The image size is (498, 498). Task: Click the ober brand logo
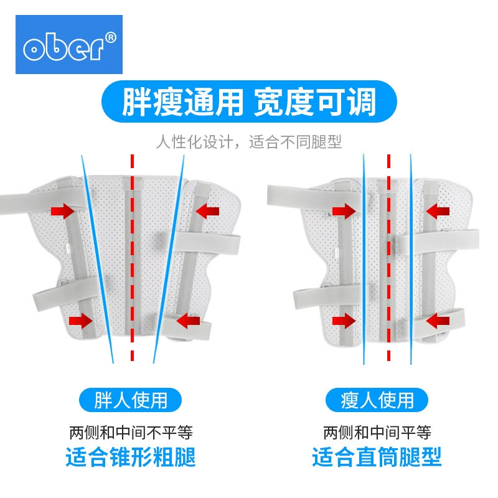pos(69,44)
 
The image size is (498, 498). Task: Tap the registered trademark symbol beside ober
pos(110,38)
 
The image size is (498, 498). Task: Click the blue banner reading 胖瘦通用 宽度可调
pos(249,101)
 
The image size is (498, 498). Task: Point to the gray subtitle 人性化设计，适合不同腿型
pos(248,142)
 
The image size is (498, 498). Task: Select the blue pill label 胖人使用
pos(130,400)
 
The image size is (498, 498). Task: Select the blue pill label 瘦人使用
pos(377,400)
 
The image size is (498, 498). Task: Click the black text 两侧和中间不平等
pos(131,432)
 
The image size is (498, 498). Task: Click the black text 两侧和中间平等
pos(377,432)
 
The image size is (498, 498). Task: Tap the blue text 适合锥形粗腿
pos(131,457)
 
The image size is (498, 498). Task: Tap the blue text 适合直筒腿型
pos(377,457)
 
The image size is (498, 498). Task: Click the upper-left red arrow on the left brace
pos(63,211)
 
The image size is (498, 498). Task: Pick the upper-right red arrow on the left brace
pos(207,211)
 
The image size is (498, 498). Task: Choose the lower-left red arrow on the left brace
pos(81,321)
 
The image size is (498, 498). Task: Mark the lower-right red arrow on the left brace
pos(188,321)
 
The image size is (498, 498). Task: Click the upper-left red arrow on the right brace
pos(344,211)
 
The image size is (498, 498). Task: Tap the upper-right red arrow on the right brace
pos(438,211)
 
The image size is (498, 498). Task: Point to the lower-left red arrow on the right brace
pos(344,321)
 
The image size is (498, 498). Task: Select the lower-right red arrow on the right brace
pos(438,321)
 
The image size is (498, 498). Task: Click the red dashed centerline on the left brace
pos(132,258)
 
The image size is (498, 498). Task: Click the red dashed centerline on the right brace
pos(388,258)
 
